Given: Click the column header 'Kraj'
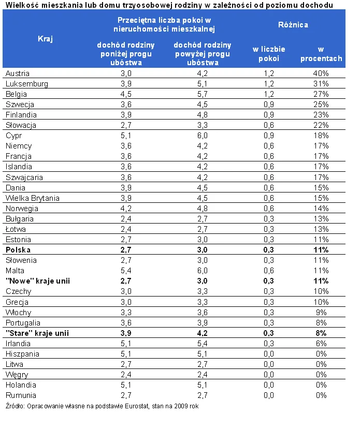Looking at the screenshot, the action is pyautogui.click(x=45, y=39).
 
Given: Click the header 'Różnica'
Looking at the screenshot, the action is pyautogui.click(x=293, y=25).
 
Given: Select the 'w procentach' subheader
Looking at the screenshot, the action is pyautogui.click(x=321, y=54).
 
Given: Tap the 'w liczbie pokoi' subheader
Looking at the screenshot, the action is pyautogui.click(x=268, y=54).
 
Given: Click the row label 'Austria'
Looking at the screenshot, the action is pyautogui.click(x=18, y=73).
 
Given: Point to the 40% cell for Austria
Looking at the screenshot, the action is pyautogui.click(x=321, y=73).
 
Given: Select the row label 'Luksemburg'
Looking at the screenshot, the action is pyautogui.click(x=27, y=84).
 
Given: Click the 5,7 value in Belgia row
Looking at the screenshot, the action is pyautogui.click(x=203, y=94).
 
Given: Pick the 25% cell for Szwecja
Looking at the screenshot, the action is pyautogui.click(x=321, y=105).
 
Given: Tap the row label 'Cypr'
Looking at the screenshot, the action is pyautogui.click(x=13, y=136).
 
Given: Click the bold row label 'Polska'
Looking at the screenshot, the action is pyautogui.click(x=18, y=250).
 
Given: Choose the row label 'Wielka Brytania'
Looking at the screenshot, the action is pyautogui.click(x=32, y=198).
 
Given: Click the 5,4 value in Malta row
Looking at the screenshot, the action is pyautogui.click(x=126, y=271).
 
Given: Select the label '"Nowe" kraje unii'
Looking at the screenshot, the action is pyautogui.click(x=38, y=281).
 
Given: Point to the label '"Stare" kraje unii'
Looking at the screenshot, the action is pyautogui.click(x=37, y=333).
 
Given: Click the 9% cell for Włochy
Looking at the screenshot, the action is pyautogui.click(x=321, y=313).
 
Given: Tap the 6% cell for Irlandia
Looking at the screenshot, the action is pyautogui.click(x=321, y=344).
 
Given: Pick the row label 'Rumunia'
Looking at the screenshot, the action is pyautogui.click(x=21, y=395).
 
